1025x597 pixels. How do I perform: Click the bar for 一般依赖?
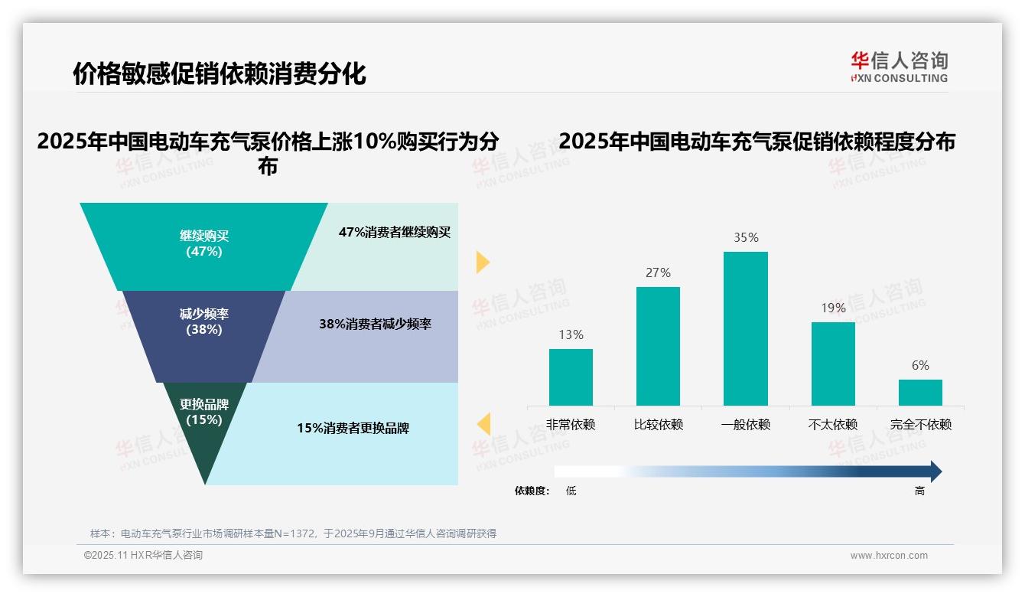tap(745, 328)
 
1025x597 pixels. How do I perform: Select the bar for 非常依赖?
tap(571, 377)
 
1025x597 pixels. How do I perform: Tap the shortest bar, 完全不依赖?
tap(920, 392)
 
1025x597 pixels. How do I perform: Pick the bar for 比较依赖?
tap(658, 346)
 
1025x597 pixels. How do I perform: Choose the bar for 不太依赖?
tap(833, 364)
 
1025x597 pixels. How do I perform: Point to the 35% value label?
tap(746, 238)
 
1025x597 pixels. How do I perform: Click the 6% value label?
tap(920, 366)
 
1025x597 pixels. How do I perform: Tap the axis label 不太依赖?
tap(833, 425)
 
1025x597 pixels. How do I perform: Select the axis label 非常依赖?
tap(571, 425)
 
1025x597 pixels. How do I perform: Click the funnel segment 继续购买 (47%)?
tap(203, 243)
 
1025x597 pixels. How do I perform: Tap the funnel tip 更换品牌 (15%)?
tap(204, 429)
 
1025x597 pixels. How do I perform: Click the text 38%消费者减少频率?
tap(375, 324)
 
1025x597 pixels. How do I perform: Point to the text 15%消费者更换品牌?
tap(353, 429)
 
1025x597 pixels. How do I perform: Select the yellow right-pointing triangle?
tap(483, 262)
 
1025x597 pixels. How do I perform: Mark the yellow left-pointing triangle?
tap(483, 424)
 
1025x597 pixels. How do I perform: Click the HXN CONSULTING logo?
tap(899, 67)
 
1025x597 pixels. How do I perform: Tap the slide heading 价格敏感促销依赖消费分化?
tap(220, 74)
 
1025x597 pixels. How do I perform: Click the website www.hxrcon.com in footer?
tap(889, 556)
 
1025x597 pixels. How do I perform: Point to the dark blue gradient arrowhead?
tap(935, 471)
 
